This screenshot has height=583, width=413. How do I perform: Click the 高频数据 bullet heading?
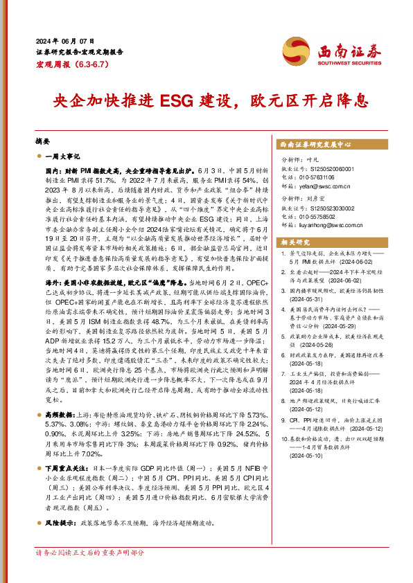point(62,393)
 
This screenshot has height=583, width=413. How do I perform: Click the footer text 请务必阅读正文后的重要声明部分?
point(89,552)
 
